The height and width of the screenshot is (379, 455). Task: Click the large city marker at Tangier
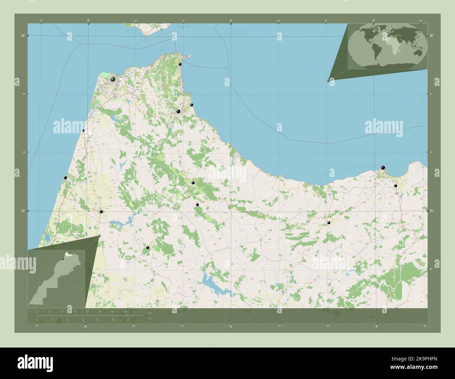pyautogui.click(x=113, y=79)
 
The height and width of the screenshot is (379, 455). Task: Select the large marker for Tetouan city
pyautogui.click(x=178, y=112)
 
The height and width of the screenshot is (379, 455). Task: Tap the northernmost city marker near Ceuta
pyautogui.click(x=180, y=64)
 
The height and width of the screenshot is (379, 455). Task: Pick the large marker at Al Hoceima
pyautogui.click(x=383, y=167)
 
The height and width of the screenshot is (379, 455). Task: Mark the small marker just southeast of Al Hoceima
pyautogui.click(x=395, y=186)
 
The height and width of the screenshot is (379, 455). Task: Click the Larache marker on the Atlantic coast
pyautogui.click(x=65, y=178)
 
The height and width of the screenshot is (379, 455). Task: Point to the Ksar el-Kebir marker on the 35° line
pyautogui.click(x=101, y=212)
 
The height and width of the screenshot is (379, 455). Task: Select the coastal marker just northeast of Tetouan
pyautogui.click(x=191, y=105)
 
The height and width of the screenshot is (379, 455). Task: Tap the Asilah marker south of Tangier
pyautogui.click(x=83, y=131)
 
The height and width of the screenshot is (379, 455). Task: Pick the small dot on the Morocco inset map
pyautogui.click(x=63, y=259)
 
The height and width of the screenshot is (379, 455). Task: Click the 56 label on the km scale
pyautogui.click(x=125, y=311)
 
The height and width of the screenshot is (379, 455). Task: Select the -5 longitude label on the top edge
pyautogui.click(x=231, y=21)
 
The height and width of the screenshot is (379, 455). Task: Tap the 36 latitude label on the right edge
pyautogui.click(x=431, y=35)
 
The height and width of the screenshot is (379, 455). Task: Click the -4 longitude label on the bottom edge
pyautogui.click(x=376, y=326)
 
